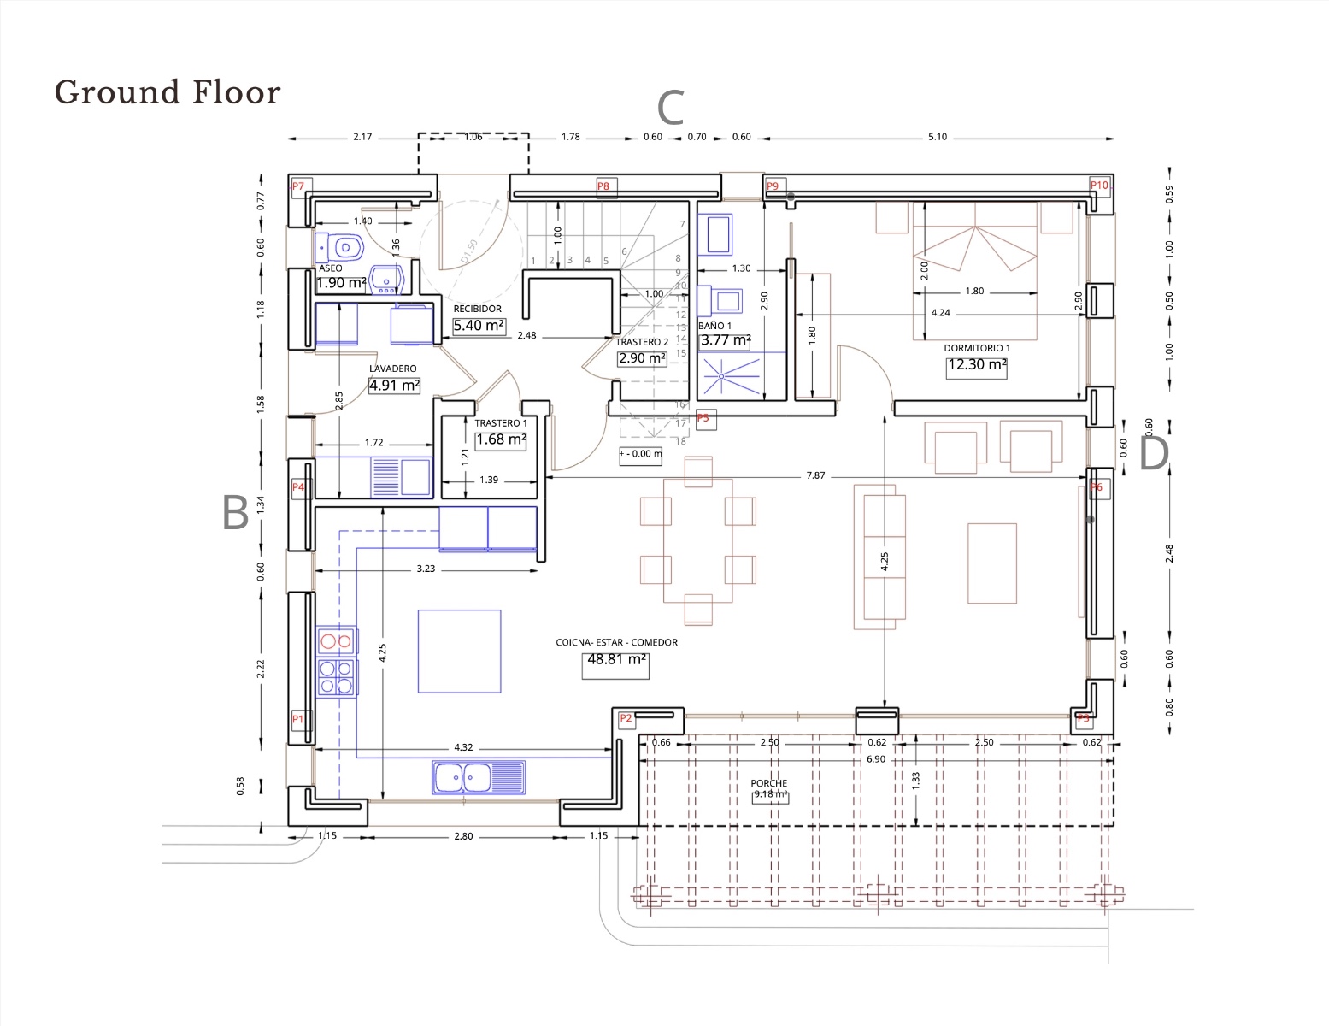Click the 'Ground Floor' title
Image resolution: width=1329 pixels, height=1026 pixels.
click(x=168, y=92)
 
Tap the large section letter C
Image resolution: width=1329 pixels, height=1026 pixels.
click(x=670, y=109)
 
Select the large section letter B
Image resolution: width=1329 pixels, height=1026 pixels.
click(x=235, y=513)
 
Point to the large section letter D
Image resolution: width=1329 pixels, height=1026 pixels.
click(x=1153, y=454)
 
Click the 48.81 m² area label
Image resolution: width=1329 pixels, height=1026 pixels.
click(x=615, y=660)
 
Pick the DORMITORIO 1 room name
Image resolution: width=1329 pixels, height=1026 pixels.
click(x=976, y=348)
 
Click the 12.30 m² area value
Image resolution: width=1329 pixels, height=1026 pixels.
click(x=976, y=365)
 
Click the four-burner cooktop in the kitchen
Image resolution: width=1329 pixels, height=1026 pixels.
click(x=336, y=677)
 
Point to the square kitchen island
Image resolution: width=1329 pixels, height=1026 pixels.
click(x=459, y=651)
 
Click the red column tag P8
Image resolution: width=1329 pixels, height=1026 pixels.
click(x=603, y=186)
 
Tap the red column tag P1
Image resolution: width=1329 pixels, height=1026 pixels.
click(x=297, y=719)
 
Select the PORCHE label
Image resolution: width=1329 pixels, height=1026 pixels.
click(x=768, y=783)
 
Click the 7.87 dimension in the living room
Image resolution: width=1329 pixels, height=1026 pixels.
click(x=815, y=475)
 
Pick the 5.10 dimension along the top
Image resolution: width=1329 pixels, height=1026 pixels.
click(x=938, y=137)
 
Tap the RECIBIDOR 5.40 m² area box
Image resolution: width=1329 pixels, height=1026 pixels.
click(x=479, y=326)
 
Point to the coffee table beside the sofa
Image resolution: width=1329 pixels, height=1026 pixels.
click(x=991, y=563)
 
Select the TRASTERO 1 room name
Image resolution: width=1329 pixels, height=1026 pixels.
click(x=501, y=423)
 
